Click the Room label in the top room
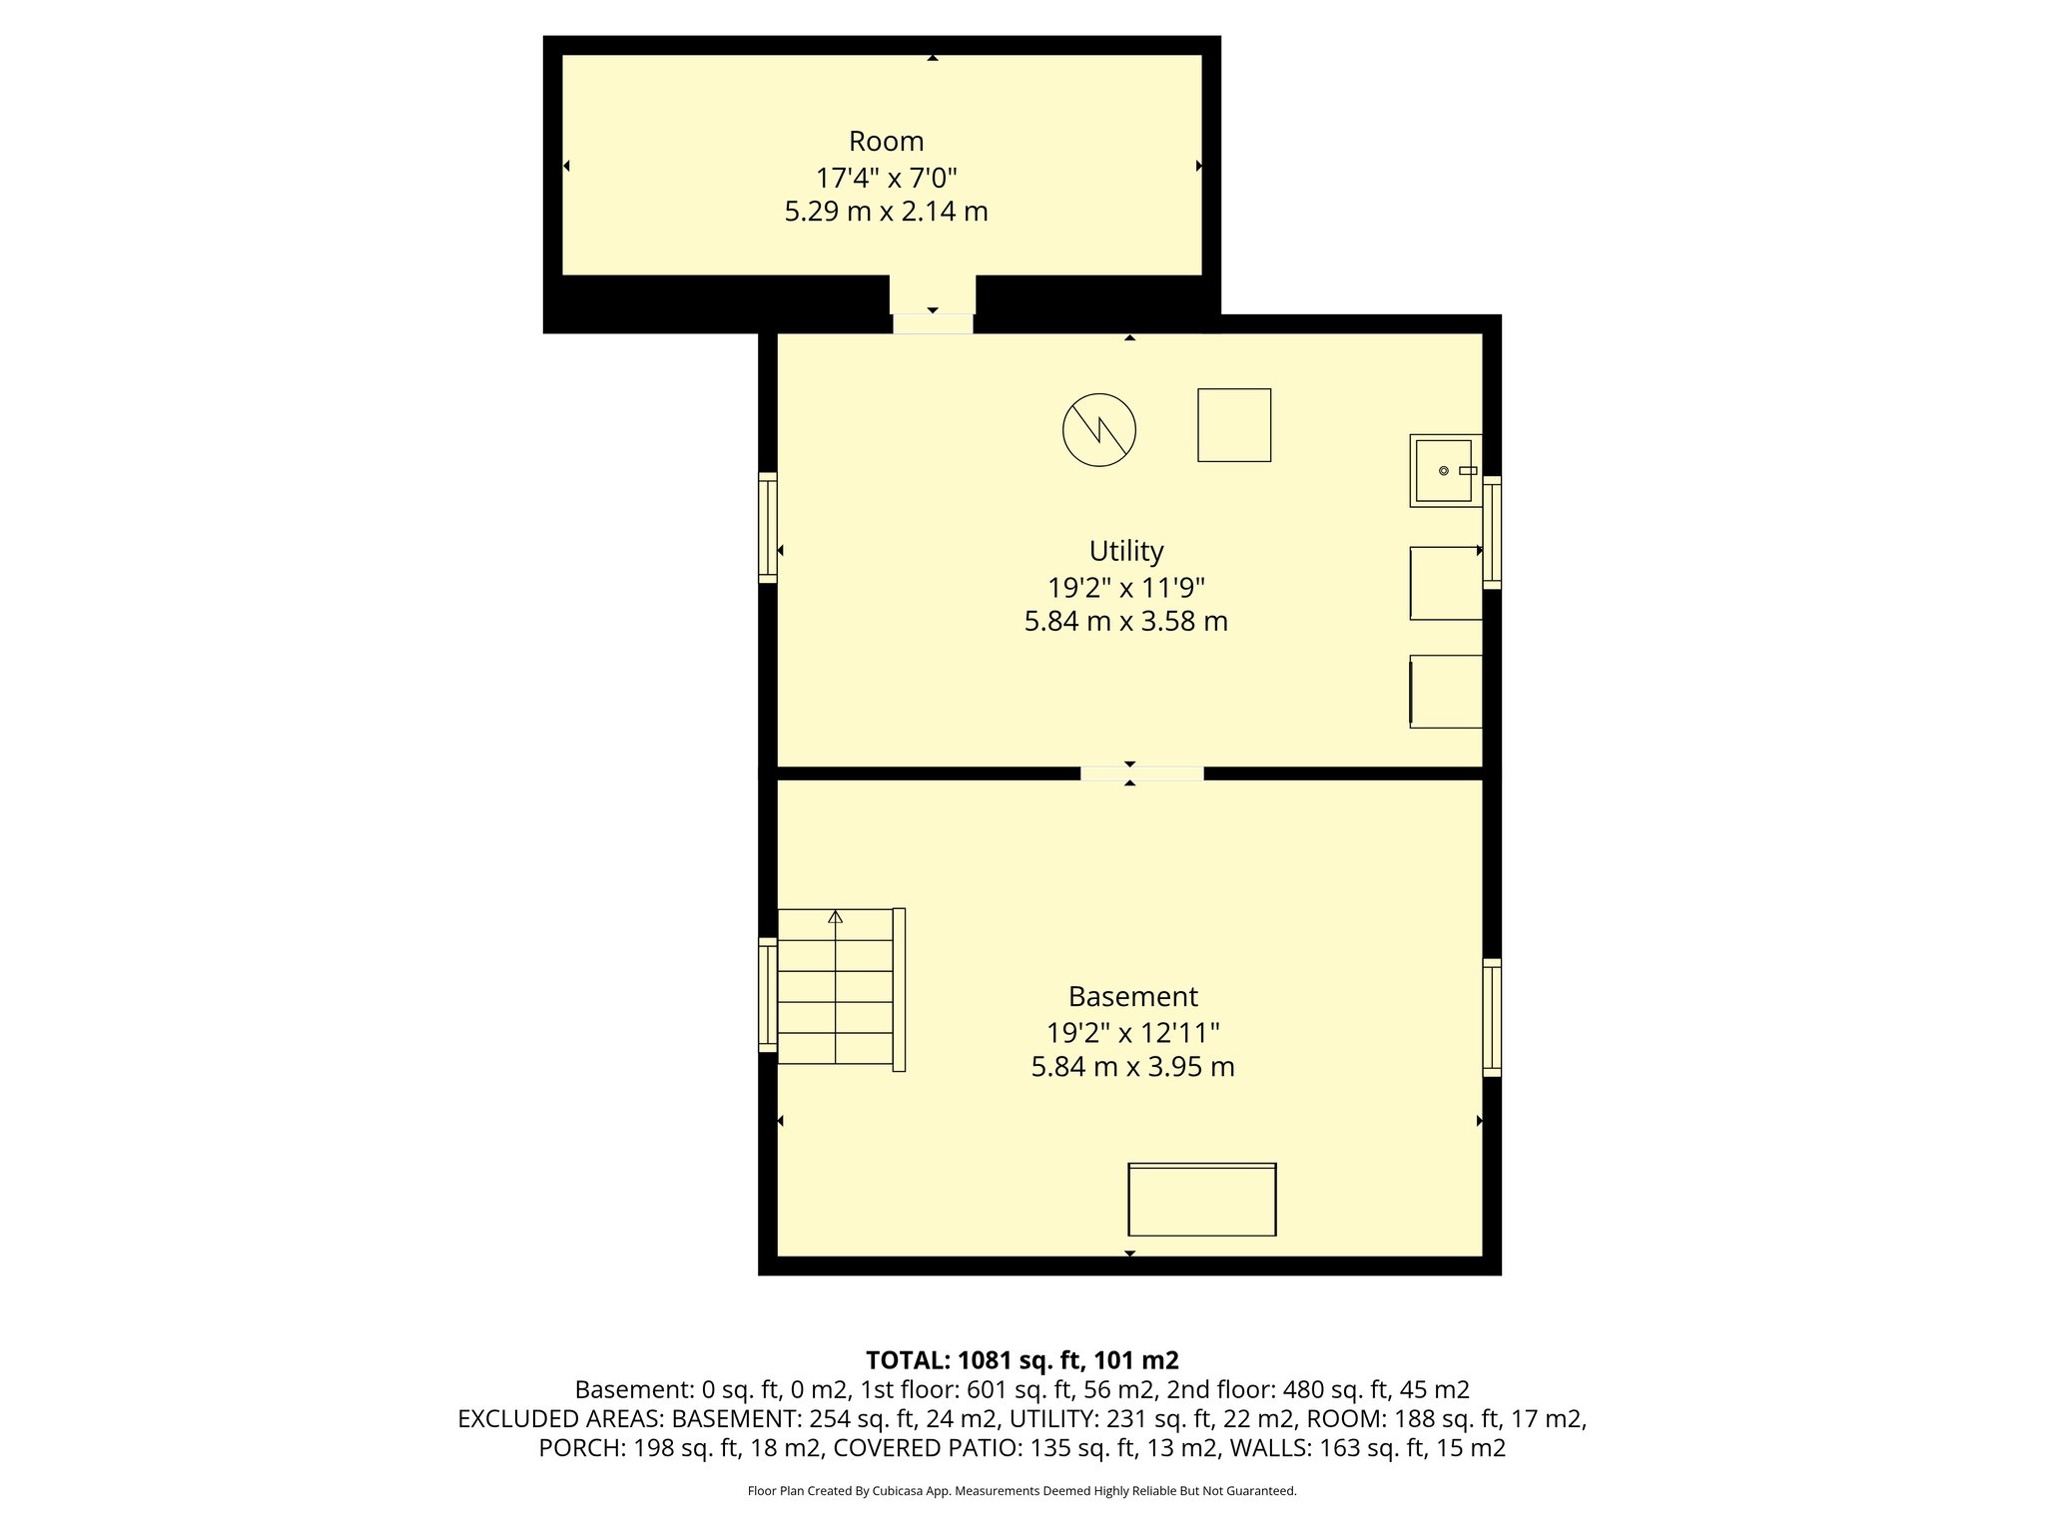pyautogui.click(x=886, y=142)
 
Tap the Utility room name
pyautogui.click(x=1125, y=551)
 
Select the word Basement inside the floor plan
pyautogui.click(x=1132, y=996)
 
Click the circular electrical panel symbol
pyautogui.click(x=1098, y=430)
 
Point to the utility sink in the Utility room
pyautogui.click(x=1444, y=470)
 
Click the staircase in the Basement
pyautogui.click(x=836, y=988)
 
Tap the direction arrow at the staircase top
pyautogui.click(x=836, y=916)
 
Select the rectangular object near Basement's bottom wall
pyautogui.click(x=1201, y=1199)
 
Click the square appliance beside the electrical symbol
pyautogui.click(x=1234, y=425)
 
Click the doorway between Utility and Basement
pyautogui.click(x=1141, y=773)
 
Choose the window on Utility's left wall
pyautogui.click(x=768, y=527)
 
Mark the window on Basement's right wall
pyautogui.click(x=1491, y=1017)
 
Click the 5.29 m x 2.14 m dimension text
pyautogui.click(x=886, y=212)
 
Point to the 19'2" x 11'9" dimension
pyautogui.click(x=1125, y=587)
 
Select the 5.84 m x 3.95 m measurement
pyautogui.click(x=1132, y=1067)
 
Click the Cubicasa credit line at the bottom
pyautogui.click(x=1022, y=1491)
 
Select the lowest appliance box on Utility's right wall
pyautogui.click(x=1445, y=691)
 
